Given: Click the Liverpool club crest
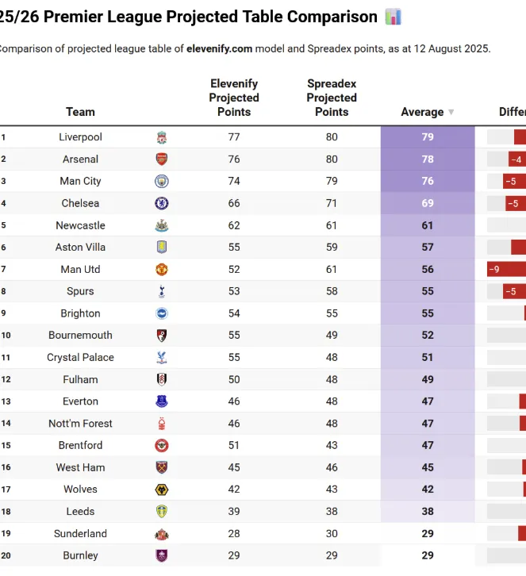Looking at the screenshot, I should [162, 137].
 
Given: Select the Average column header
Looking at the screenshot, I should [422, 112].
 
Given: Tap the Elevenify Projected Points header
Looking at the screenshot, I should [234, 98].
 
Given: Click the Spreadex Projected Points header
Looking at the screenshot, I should [332, 98].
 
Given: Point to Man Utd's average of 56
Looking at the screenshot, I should [428, 269].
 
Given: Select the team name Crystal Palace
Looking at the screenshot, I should [80, 357].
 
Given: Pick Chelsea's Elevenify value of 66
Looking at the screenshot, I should [234, 203].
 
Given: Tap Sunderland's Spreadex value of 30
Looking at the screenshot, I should [332, 533].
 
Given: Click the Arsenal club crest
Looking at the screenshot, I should [162, 159].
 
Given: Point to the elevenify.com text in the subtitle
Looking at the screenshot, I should [220, 48].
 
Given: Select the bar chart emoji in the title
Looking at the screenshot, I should [394, 17].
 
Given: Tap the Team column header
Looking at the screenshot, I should [80, 112].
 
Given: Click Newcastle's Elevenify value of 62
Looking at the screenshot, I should [234, 225].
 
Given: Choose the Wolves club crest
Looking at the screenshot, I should [162, 490].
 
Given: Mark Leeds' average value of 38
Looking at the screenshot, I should [428, 512].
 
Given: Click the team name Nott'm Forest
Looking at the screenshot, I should [80, 424].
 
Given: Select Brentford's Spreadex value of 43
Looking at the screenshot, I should [332, 445].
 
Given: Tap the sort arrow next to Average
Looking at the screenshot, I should [451, 113].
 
